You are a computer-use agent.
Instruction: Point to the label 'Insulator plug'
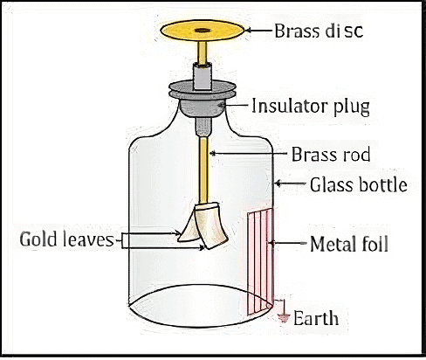[311, 107]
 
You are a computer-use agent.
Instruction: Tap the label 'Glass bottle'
[353, 185]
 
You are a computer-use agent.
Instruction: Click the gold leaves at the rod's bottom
[203, 225]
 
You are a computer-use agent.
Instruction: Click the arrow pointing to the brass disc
[258, 31]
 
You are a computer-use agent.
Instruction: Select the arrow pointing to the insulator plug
[237, 107]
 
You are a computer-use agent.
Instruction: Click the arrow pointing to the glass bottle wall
[290, 185]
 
